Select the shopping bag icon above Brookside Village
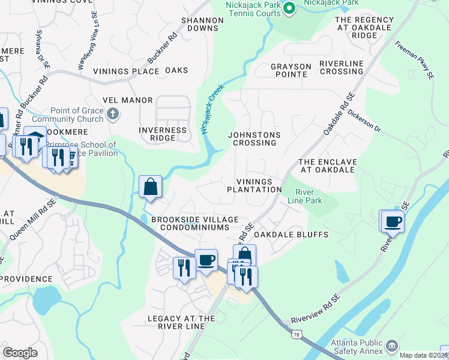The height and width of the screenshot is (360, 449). tap(150, 187)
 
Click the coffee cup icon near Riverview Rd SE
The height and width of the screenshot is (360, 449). tap(393, 221)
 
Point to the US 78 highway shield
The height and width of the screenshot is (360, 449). tap(296, 334)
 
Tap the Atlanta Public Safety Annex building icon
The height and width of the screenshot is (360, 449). tap(393, 346)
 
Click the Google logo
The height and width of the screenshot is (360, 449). tap(20, 353)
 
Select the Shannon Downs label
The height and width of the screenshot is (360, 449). tap(202, 24)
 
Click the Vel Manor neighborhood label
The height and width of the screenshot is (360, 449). tap(128, 100)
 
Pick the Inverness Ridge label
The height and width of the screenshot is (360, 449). tap(162, 134)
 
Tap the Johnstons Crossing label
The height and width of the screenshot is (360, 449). tap(252, 139)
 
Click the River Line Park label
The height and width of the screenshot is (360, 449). tap(309, 196)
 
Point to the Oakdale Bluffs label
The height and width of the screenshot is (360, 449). tap(291, 235)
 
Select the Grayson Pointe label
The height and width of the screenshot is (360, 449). tap(291, 70)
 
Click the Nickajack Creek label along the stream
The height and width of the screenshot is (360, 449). tap(212, 109)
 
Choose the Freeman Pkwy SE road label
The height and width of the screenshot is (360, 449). tap(414, 60)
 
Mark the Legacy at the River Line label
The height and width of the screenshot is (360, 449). tap(181, 322)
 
